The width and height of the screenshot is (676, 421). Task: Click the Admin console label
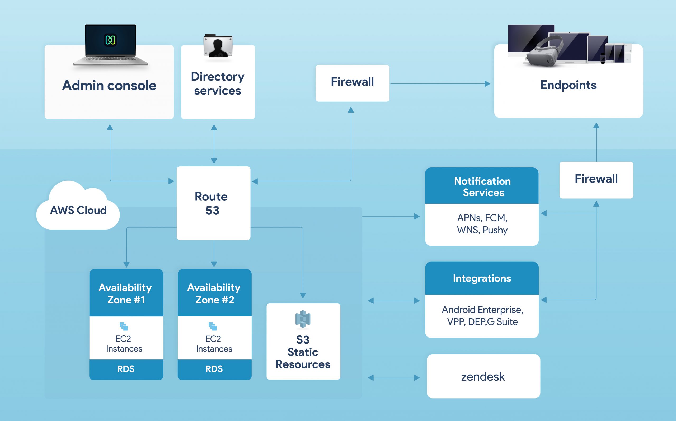109,85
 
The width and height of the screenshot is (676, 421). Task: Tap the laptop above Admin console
110,45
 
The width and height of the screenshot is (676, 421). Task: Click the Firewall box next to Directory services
352,83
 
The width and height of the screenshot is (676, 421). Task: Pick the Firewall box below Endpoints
596,180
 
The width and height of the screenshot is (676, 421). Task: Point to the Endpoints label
568,85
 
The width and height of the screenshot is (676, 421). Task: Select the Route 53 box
213,203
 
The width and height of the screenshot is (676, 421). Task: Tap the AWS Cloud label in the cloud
78,210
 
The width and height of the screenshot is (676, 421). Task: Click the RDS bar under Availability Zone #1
126,369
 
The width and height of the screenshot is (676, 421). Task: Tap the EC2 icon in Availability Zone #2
213,326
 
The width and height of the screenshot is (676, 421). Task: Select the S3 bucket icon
303,319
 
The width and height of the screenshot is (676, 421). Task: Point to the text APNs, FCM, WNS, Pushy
482,224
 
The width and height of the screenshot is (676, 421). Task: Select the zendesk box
483,376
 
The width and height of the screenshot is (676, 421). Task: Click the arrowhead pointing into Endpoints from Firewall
487,83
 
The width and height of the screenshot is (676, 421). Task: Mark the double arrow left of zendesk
394,378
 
